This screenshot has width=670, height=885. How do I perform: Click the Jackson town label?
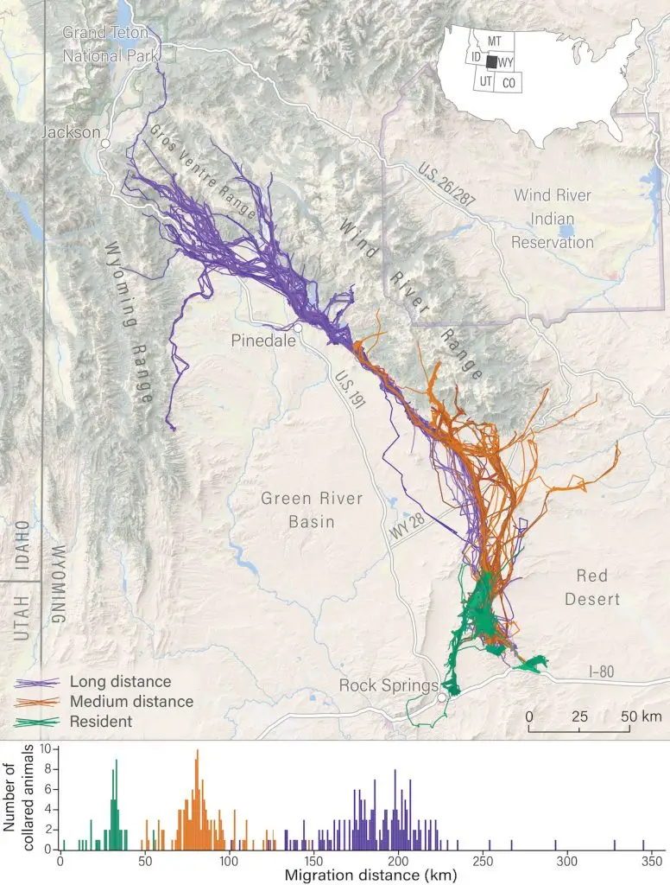coord(71,134)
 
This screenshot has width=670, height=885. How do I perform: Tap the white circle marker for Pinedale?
coord(298,328)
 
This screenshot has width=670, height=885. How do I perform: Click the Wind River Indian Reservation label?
coord(553,219)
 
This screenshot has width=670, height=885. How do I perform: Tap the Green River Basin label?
coord(312,510)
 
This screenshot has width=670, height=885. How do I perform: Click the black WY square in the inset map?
coord(490,62)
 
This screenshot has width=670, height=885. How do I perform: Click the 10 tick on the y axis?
coord(47,749)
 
